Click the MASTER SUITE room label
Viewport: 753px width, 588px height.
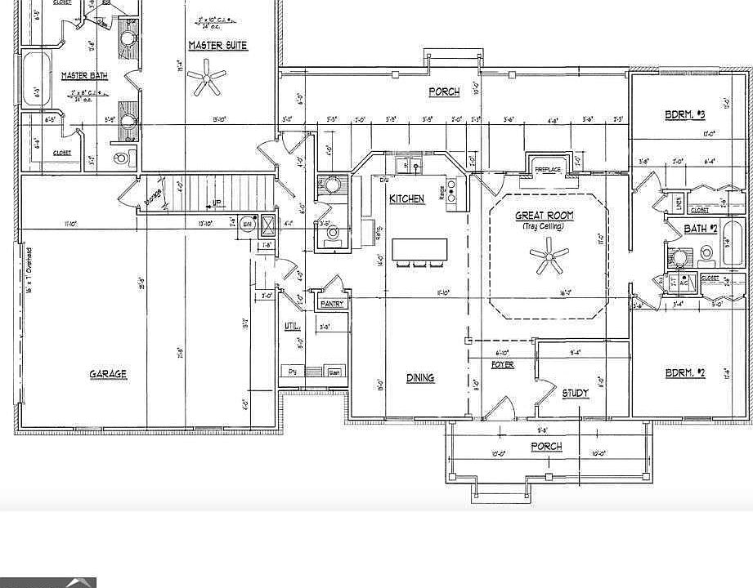click(217, 46)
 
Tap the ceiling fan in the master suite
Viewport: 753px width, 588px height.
click(207, 80)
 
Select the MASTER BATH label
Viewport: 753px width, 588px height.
click(85, 76)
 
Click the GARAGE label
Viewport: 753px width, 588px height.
click(108, 374)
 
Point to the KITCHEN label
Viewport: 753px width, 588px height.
click(406, 199)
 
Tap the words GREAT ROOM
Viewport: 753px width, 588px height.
click(544, 216)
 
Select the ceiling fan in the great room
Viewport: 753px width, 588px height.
click(549, 260)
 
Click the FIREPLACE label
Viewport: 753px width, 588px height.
click(548, 170)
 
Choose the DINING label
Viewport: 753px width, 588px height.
click(420, 377)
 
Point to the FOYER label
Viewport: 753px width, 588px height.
click(502, 364)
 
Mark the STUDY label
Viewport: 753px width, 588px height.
click(575, 393)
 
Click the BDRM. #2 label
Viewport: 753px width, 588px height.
click(684, 373)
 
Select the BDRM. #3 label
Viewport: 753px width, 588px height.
click(684, 115)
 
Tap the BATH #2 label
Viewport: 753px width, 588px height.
click(700, 229)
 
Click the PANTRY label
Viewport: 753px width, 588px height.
click(332, 304)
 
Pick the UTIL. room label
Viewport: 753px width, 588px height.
click(292, 326)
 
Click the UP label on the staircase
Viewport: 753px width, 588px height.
click(217, 203)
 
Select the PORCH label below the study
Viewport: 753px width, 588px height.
click(546, 446)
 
